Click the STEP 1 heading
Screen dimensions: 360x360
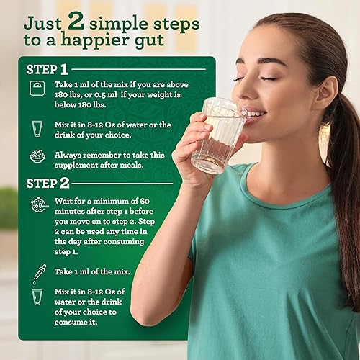click(x=48, y=70)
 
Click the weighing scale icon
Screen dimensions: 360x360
click(x=37, y=88)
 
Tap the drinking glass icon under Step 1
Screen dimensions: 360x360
click(x=37, y=128)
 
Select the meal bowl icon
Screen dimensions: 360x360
click(x=37, y=156)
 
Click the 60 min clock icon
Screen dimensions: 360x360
click(x=38, y=205)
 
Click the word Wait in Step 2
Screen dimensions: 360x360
click(x=66, y=198)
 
